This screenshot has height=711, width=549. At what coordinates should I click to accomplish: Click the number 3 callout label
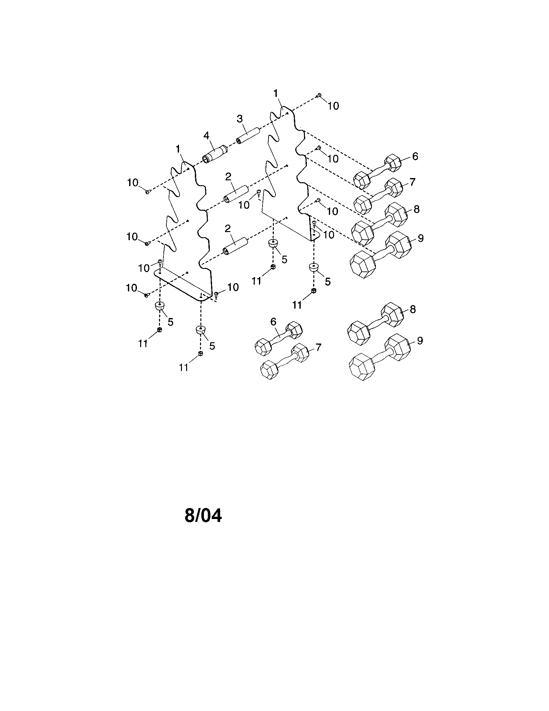click(x=240, y=119)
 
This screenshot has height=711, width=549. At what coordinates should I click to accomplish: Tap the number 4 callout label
click(x=207, y=135)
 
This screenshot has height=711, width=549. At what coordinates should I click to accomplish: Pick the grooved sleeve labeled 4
click(x=215, y=154)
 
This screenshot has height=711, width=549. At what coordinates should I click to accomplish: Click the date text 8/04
click(x=203, y=515)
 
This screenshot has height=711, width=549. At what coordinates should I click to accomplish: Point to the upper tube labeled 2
click(x=235, y=194)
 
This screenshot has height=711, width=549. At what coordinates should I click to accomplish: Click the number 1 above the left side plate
click(x=178, y=149)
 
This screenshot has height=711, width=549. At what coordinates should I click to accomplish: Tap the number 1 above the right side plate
click(x=276, y=93)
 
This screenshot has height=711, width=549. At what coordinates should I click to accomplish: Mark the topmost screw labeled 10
click(x=319, y=95)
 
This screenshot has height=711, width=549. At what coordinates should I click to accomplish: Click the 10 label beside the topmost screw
click(x=333, y=106)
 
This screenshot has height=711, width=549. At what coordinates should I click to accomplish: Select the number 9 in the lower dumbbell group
click(x=420, y=341)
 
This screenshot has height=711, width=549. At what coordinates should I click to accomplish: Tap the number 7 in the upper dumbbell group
click(x=413, y=182)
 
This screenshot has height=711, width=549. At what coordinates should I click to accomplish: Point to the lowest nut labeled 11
click(x=200, y=354)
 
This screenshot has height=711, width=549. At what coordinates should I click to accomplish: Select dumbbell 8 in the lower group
click(x=375, y=324)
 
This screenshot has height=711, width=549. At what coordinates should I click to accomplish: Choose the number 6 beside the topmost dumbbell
click(x=415, y=156)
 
